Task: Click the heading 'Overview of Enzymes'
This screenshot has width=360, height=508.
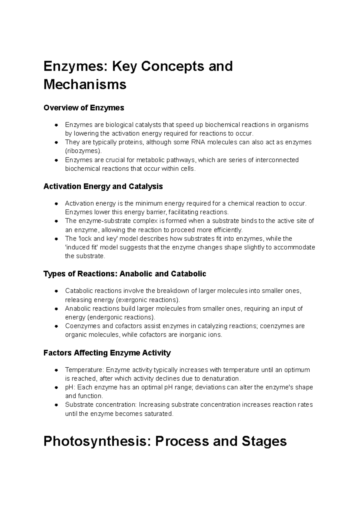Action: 84,108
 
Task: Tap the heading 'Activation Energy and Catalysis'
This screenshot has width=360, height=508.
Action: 103,187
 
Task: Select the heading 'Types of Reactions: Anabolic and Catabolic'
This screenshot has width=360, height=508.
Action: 125,274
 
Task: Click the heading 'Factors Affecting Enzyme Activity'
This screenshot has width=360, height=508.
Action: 107,353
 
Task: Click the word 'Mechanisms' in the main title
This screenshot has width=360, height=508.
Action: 85,85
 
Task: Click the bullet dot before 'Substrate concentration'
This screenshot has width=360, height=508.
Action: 56,405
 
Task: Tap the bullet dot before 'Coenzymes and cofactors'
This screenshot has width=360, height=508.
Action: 56,326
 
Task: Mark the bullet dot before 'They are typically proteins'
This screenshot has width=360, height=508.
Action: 56,142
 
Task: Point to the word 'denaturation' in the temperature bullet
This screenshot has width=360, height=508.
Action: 221,378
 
